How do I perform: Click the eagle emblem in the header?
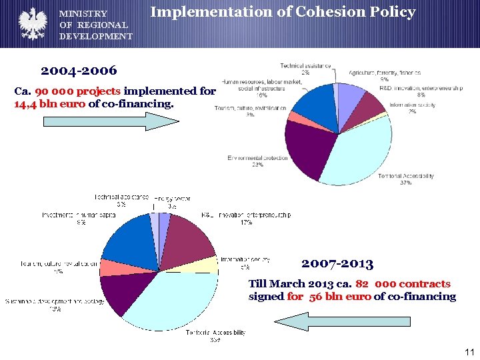[x=31, y=24]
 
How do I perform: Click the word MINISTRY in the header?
[x=83, y=13]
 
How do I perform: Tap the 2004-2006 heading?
[x=79, y=70]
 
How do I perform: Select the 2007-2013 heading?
[x=337, y=263]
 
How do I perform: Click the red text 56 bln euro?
[x=340, y=297]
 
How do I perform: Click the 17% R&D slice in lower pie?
[x=190, y=237]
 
